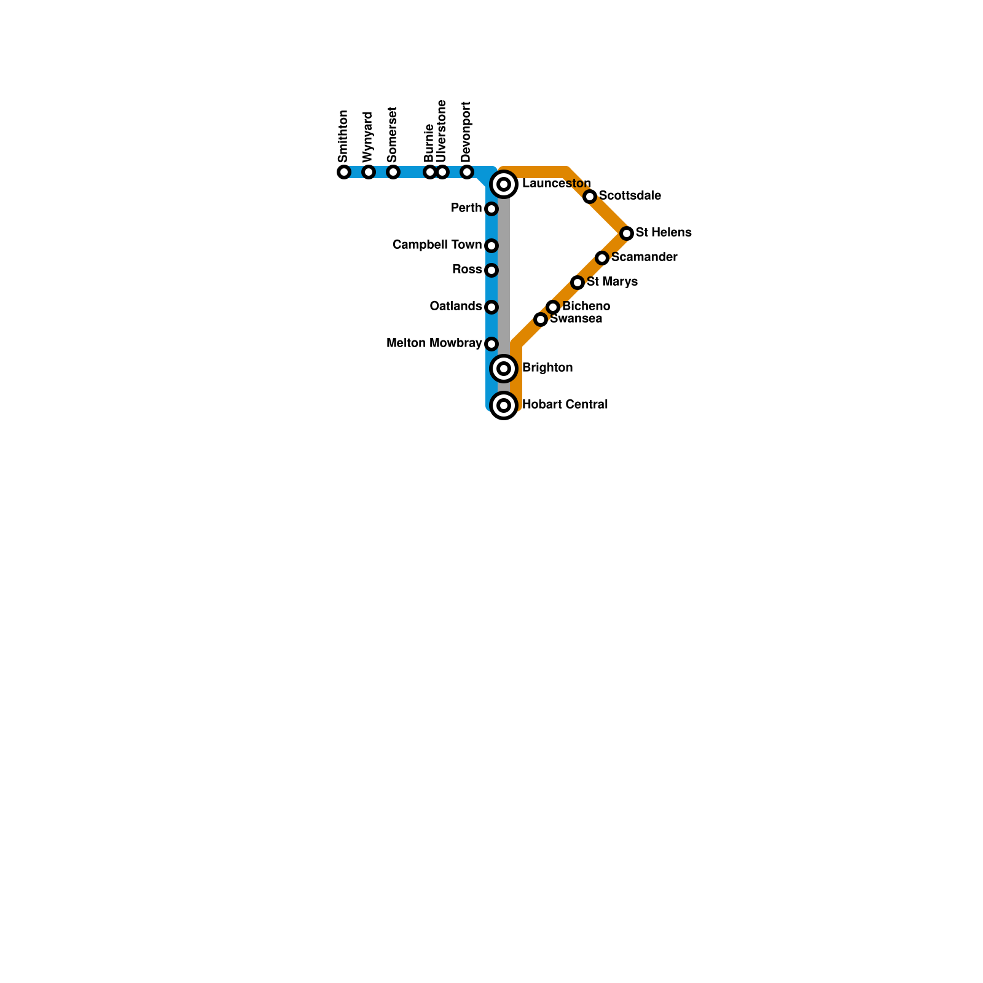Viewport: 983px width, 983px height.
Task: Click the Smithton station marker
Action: (344, 172)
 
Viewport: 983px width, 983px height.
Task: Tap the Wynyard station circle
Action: (369, 172)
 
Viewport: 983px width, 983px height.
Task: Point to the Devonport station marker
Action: (467, 172)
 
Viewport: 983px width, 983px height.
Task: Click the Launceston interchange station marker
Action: (504, 184)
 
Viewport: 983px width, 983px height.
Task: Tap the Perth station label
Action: (466, 208)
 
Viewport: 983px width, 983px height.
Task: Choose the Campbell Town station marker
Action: (491, 246)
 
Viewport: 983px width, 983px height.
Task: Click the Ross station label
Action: (467, 270)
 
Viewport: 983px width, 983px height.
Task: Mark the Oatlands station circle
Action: (491, 307)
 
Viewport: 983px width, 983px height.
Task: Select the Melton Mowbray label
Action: (434, 343)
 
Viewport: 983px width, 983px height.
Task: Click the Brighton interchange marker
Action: (504, 369)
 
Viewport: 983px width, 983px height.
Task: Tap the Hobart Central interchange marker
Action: (504, 405)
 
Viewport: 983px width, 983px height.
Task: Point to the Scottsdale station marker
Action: (590, 197)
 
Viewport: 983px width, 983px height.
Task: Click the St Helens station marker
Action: (627, 233)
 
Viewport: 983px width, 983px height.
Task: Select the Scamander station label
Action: (644, 257)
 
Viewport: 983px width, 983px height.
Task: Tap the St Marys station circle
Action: (578, 283)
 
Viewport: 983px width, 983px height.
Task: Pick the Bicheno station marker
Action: (553, 307)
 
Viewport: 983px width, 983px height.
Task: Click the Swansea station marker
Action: (541, 319)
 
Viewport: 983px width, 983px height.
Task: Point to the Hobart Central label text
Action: (565, 405)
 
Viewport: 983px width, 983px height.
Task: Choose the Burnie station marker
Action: (430, 172)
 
